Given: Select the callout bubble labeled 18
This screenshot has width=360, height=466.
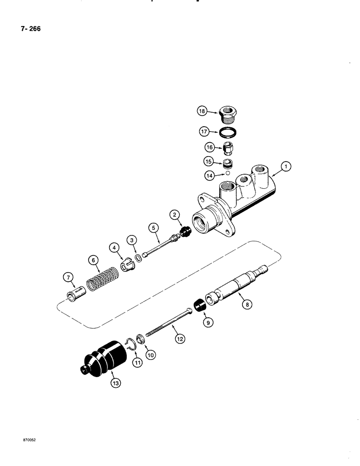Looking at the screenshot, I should pos(201,111).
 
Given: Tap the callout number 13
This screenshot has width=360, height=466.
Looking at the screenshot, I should pos(115,383).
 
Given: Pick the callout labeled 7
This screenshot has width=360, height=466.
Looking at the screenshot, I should pos(68,278).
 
